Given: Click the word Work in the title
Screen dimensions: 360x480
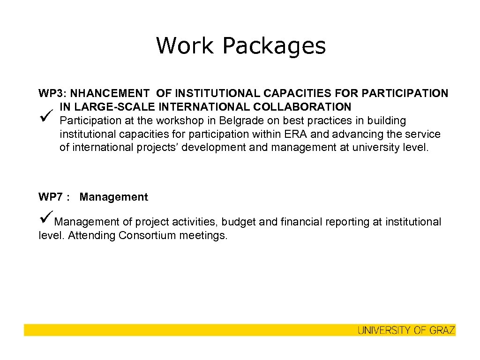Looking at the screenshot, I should [185, 46].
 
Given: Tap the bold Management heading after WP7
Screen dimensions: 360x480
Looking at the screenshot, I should [114, 197].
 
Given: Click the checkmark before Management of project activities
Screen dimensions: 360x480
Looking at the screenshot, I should [45, 220].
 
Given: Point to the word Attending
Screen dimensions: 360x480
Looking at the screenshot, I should [91, 235].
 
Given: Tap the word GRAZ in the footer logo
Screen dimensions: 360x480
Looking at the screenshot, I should [442, 330].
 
